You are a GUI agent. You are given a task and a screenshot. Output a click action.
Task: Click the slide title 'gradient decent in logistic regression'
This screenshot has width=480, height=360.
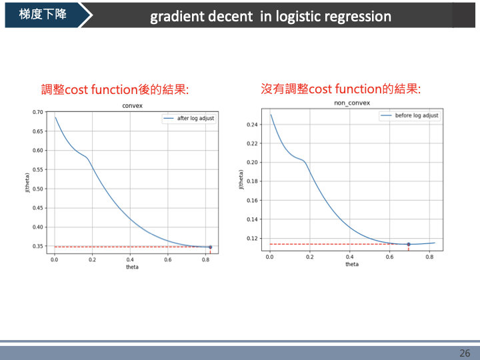270,16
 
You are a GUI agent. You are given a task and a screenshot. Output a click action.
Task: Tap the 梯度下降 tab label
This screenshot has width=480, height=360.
43,14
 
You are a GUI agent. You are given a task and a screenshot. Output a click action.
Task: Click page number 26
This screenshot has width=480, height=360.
465,353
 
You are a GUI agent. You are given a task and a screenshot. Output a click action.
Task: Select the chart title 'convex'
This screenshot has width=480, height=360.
133,106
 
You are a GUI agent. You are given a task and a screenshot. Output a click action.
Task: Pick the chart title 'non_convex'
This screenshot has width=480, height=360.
351,104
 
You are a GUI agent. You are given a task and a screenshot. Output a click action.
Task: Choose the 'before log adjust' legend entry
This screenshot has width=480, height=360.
417,115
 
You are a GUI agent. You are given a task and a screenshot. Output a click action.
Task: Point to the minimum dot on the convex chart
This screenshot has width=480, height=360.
210,247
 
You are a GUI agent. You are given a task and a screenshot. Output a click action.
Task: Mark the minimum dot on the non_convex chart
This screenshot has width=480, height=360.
409,244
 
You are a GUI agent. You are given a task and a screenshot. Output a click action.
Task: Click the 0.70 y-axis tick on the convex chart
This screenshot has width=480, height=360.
37,112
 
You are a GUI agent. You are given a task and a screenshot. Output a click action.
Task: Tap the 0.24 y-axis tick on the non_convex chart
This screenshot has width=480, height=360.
252,125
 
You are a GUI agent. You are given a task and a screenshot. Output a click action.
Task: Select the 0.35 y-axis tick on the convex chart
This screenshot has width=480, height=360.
37,247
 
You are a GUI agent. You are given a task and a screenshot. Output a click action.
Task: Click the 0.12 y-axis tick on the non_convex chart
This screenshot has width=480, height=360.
252,238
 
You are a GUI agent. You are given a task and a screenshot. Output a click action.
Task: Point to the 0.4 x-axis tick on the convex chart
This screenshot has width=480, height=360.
130,260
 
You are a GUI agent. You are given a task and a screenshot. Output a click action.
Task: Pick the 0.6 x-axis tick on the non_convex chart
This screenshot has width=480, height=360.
389,257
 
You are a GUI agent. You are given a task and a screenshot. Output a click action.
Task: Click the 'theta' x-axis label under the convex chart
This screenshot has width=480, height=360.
133,267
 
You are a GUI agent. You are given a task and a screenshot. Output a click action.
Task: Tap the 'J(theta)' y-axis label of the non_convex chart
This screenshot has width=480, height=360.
241,180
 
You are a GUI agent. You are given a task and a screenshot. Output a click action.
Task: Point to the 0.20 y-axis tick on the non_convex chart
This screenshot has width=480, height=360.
252,162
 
